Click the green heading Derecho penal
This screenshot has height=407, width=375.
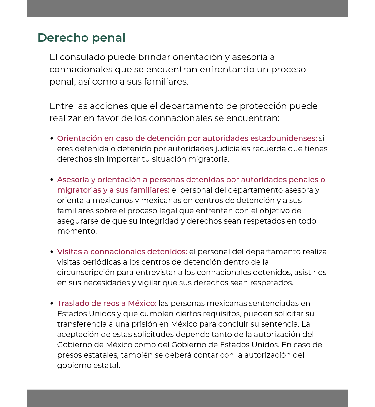coord(81,38)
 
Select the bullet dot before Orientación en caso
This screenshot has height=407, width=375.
coord(52,139)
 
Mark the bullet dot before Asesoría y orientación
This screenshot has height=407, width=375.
coord(52,180)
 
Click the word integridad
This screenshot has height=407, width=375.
coord(159,221)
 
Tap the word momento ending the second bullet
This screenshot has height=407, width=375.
coord(76,231)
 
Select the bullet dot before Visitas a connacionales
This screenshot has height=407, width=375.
coord(52,252)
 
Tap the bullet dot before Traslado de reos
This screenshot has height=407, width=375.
coord(52,304)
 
